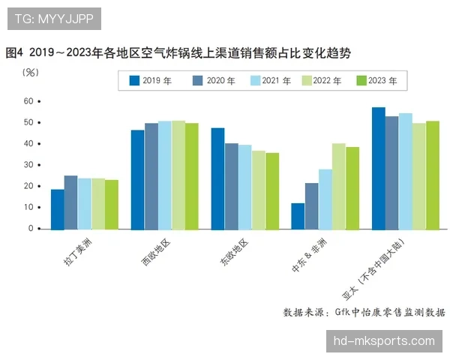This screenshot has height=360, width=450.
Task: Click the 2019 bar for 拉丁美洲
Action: pos(57,209)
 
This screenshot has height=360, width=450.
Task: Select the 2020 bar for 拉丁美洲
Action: pos(70,202)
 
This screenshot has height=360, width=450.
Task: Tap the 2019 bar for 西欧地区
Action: pos(137,180)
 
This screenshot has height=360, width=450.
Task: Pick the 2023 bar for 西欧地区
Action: pos(191,176)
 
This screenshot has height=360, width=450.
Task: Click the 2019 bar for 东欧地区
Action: pos(217,178)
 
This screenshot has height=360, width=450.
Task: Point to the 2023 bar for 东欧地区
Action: pos(271,191)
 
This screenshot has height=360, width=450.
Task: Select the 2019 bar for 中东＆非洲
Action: pos(298,216)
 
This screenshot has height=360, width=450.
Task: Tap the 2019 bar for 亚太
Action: pos(378,168)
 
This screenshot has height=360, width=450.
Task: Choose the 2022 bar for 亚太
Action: pos(418,176)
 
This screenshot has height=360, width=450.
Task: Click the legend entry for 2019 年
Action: pos(150,80)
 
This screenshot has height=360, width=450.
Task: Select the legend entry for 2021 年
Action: pos(269,80)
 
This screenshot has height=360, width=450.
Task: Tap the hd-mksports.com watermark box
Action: pos(384,341)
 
